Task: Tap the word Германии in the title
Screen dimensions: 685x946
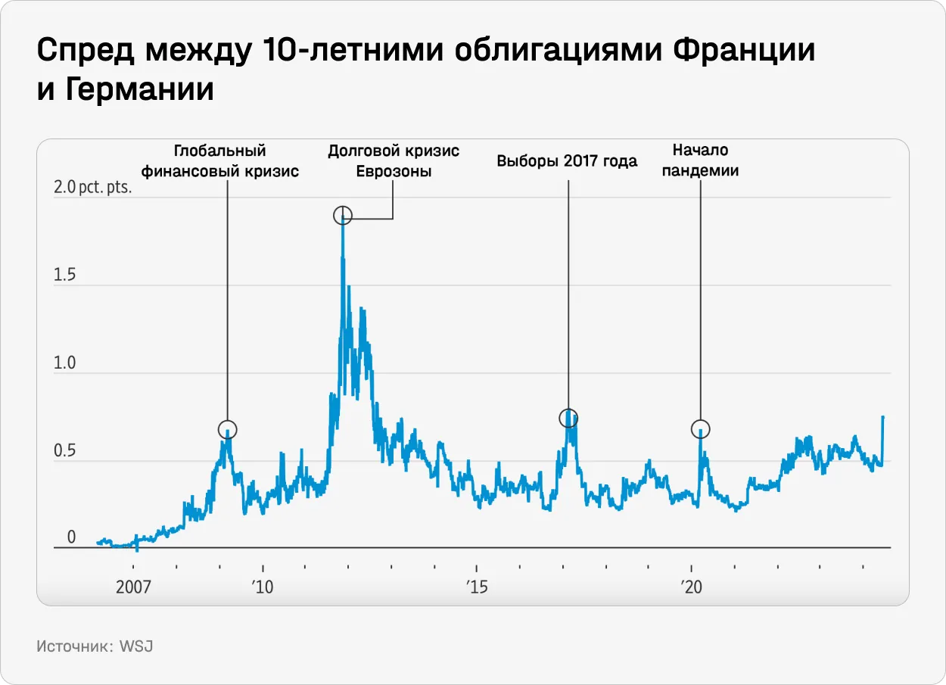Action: (x=140, y=90)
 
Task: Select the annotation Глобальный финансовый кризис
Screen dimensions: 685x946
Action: (x=220, y=161)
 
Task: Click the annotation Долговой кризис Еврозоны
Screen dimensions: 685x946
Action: (x=394, y=161)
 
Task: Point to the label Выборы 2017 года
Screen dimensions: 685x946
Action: (x=567, y=161)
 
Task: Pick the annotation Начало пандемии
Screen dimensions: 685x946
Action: (x=700, y=161)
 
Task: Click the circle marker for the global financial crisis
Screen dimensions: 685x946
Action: (x=228, y=429)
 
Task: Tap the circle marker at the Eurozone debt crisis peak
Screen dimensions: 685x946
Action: (x=343, y=216)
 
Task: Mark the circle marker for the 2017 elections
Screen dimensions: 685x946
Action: (x=568, y=418)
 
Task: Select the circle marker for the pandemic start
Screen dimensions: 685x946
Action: (x=701, y=429)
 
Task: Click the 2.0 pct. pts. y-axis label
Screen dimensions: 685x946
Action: (x=92, y=187)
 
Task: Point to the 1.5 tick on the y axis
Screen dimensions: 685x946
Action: (x=65, y=275)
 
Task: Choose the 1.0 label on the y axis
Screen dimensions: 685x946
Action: (x=65, y=363)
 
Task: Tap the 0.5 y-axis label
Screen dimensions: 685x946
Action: (x=65, y=451)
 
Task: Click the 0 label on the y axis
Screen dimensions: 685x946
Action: (x=72, y=537)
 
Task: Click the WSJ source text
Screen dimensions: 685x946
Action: (x=137, y=647)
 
